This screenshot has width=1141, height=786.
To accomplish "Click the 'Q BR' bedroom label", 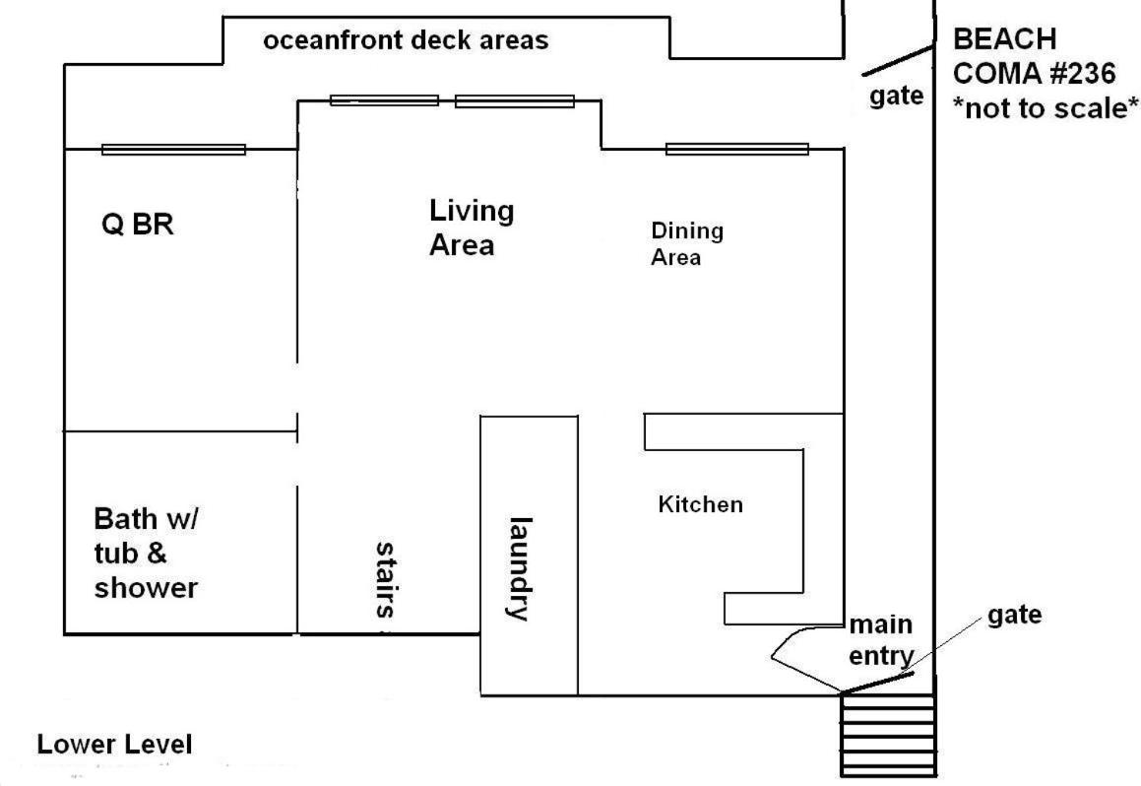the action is click(138, 225).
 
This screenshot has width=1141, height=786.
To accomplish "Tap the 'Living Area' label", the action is click(472, 228).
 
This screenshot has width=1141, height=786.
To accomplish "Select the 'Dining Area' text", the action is click(687, 244).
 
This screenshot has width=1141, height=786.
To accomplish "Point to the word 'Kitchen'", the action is click(700, 504).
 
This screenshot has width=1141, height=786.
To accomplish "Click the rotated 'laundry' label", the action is click(520, 568).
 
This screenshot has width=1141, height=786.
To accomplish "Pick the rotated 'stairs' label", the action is click(386, 580).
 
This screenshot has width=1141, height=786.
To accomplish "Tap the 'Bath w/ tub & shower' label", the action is click(147, 554).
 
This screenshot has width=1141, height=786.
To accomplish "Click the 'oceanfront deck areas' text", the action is click(406, 40).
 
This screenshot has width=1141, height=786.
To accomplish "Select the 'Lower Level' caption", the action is click(115, 744).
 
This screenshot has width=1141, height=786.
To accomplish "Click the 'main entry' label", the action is click(881, 639).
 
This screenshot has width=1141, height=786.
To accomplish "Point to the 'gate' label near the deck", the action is click(897, 97).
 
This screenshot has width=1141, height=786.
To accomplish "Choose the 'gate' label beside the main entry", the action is click(1014, 615).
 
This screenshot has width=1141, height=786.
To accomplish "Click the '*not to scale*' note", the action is click(1046, 108).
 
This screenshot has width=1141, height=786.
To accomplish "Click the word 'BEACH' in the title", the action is click(1005, 38).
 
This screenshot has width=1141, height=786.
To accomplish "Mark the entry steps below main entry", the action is click(889, 735).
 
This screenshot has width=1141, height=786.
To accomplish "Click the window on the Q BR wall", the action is click(173, 150).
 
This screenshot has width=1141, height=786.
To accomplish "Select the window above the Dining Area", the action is click(737, 149).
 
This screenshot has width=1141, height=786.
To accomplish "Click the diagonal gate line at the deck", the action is click(898, 60).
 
